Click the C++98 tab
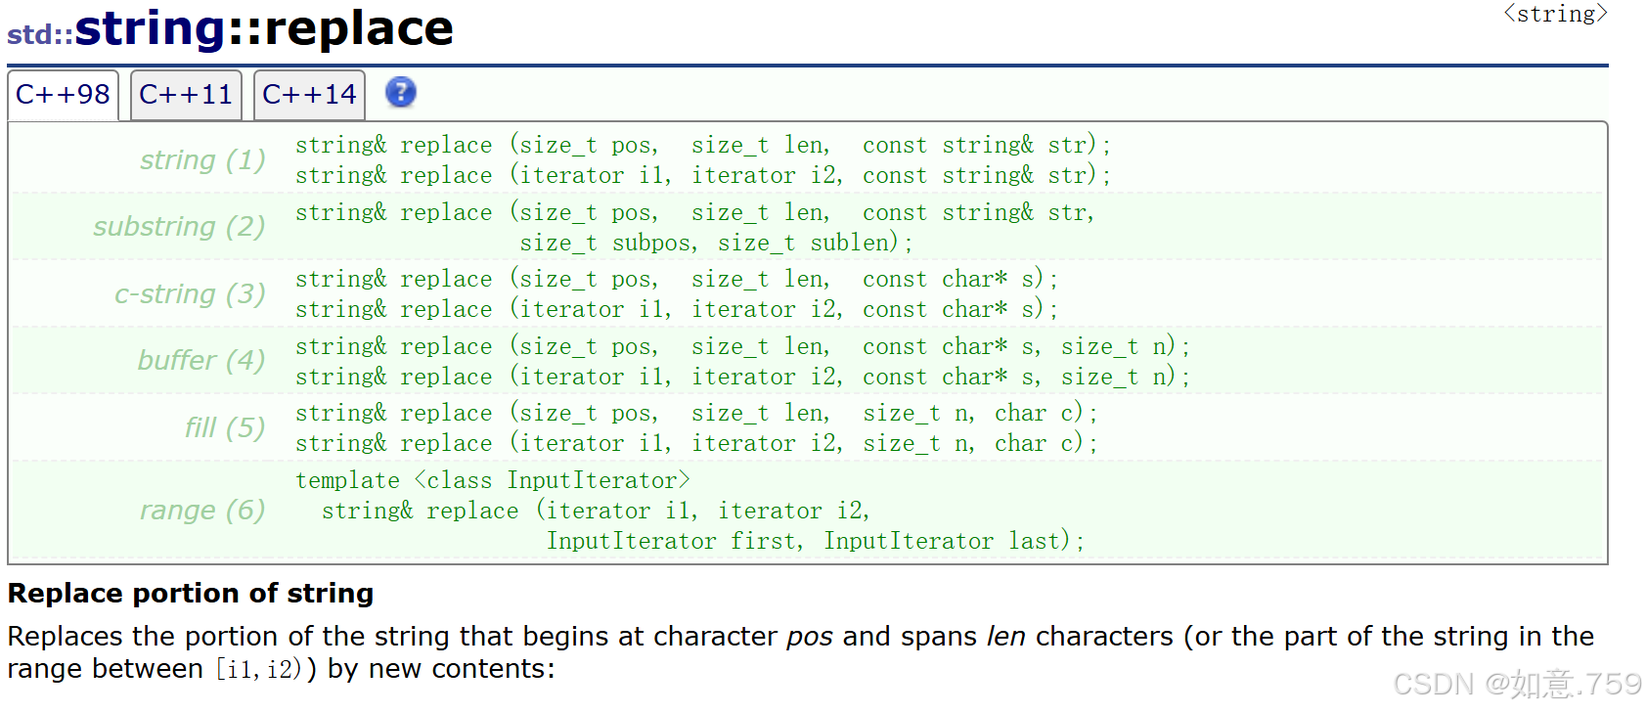tap(64, 95)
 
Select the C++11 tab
tap(186, 95)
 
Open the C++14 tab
tap(309, 95)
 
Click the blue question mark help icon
tap(400, 93)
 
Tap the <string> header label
tap(1555, 14)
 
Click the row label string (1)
tap(202, 159)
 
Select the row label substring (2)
tap(179, 226)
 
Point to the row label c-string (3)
tap(190, 293)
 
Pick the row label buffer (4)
tap(201, 360)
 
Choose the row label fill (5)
tap(224, 427)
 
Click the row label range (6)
tap(202, 511)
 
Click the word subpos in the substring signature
tap(654, 243)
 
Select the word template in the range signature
tap(347, 481)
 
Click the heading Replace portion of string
tap(191, 593)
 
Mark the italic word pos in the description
tap(810, 637)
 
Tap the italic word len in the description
tap(1006, 636)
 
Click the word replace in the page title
tap(359, 28)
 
